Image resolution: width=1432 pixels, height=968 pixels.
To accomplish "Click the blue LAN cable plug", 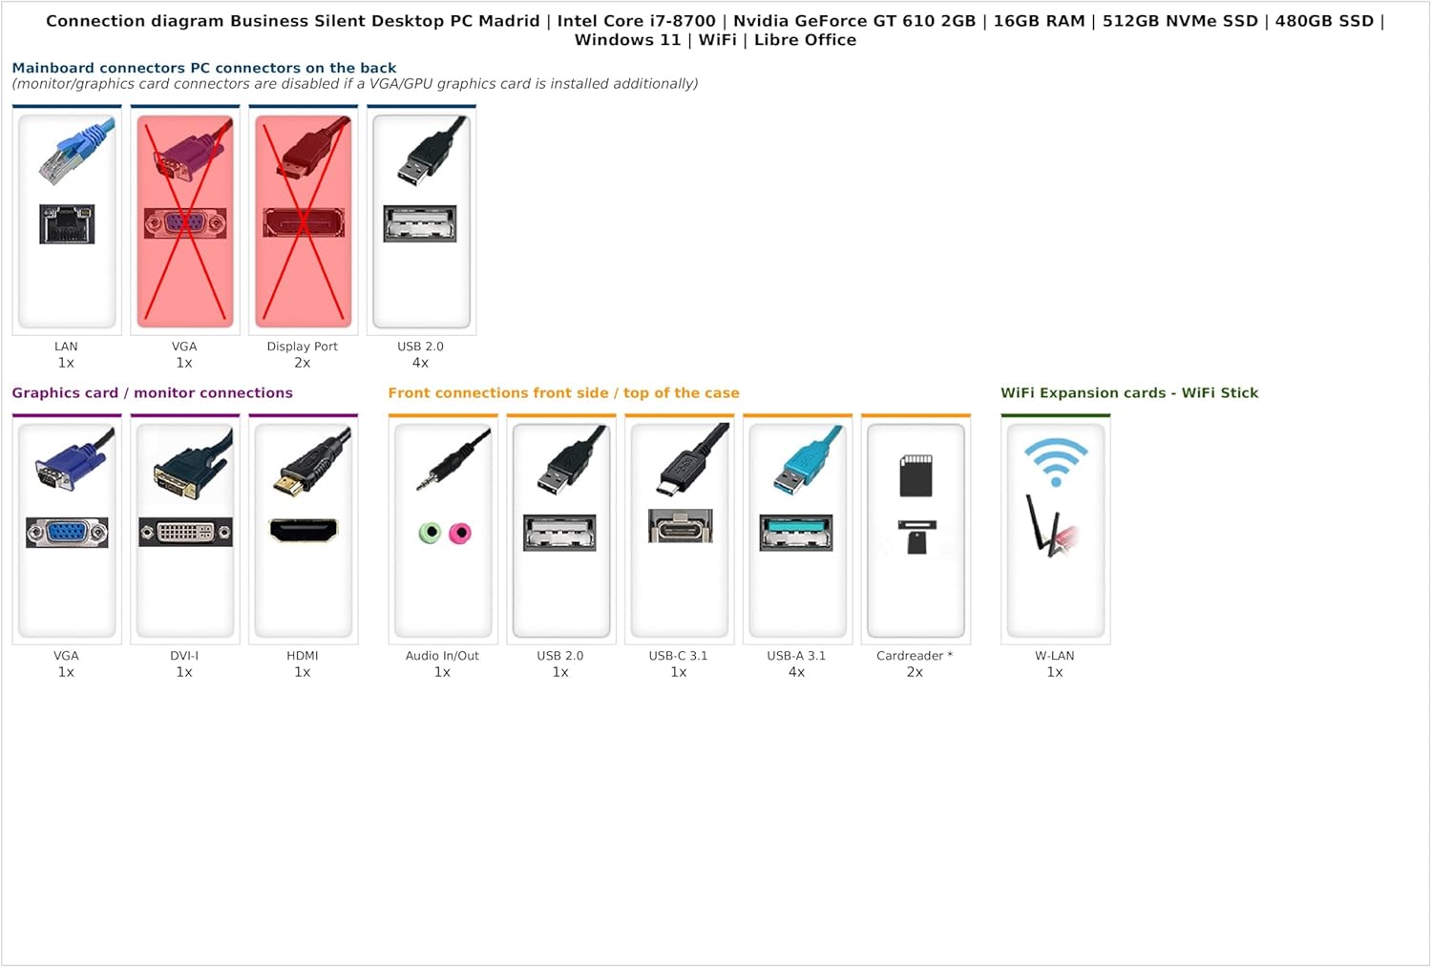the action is coord(75,151).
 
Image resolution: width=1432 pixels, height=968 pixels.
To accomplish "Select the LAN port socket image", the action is coord(67,223).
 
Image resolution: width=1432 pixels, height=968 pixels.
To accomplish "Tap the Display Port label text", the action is coord(302,347).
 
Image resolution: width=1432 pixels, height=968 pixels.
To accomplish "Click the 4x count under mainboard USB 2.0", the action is coord(420,363).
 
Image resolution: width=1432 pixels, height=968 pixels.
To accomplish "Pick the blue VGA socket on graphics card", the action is coord(67,532).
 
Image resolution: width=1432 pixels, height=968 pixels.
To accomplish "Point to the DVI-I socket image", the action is coord(185,532).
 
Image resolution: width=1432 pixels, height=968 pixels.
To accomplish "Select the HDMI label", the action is coord(303,656).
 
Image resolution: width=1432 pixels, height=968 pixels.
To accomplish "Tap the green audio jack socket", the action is coord(431,532).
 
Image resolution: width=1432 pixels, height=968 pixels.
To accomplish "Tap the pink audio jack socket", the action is coord(459,533).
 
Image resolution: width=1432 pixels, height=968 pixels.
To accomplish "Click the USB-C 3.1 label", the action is coord(678,656).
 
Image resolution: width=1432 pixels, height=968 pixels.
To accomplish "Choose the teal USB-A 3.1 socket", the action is coord(796,532).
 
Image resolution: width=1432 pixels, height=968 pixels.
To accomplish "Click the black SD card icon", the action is coord(916,475).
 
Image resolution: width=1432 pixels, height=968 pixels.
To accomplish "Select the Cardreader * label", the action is coord(915,656).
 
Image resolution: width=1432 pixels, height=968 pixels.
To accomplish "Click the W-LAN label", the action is coord(1055,656).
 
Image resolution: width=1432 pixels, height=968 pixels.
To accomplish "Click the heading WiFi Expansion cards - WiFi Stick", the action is coord(1129,392).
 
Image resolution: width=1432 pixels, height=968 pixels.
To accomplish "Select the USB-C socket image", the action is coord(680,526).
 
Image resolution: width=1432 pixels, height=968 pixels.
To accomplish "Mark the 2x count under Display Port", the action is coord(302,363).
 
